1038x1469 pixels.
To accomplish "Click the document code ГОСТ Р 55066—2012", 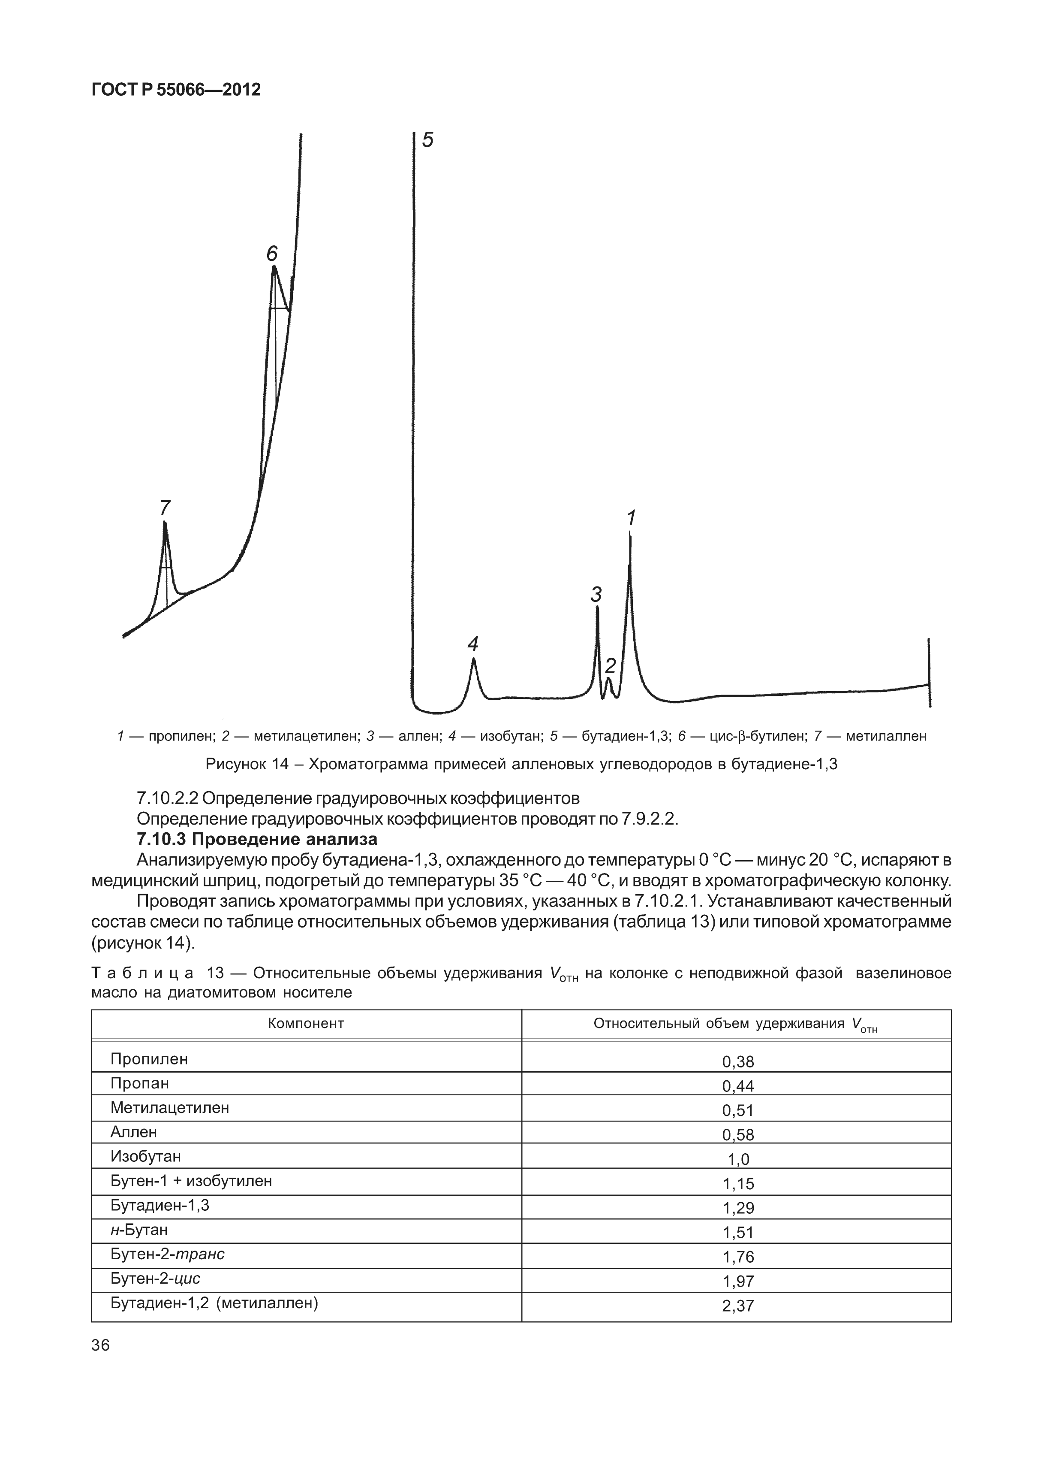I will point(176,90).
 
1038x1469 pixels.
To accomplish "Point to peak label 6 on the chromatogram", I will point(272,254).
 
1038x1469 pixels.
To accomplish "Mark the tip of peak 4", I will point(473,659).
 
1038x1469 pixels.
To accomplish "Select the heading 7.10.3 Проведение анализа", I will point(257,839).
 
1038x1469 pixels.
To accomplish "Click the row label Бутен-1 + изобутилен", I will point(191,1180).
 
